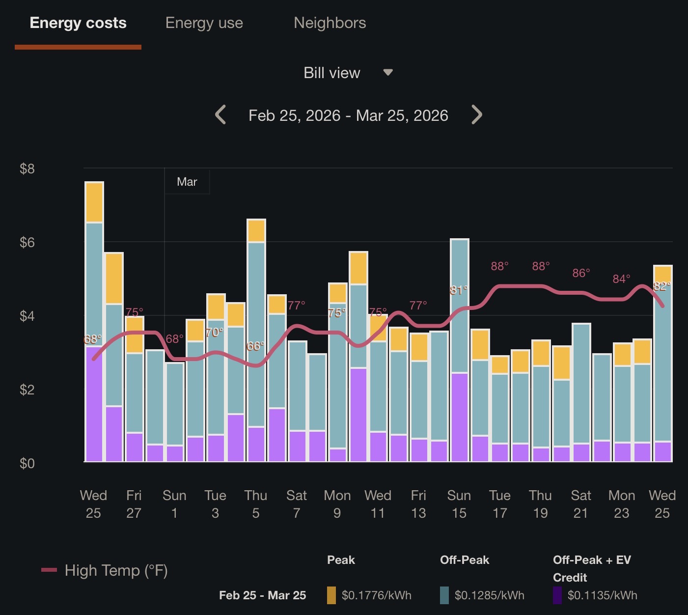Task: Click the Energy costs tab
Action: coord(78,23)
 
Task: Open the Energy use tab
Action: coord(204,23)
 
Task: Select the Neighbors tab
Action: coord(330,23)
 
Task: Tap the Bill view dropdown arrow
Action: coord(388,73)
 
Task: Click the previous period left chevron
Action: coord(220,115)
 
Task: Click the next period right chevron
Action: coord(476,115)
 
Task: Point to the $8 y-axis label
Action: coord(27,169)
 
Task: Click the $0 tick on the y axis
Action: coord(27,463)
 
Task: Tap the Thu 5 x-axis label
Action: coord(256,504)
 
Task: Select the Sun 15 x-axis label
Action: coord(459,504)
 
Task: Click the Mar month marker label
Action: coord(187,182)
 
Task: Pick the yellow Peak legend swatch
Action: coord(331,595)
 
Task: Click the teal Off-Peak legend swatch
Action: coord(444,595)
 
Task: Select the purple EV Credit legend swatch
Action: coord(557,595)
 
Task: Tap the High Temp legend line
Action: coord(49,570)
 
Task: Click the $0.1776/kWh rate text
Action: coord(377,595)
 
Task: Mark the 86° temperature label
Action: coord(581,273)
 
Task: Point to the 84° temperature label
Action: coord(621,279)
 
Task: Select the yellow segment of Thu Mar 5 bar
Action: coord(256,230)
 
